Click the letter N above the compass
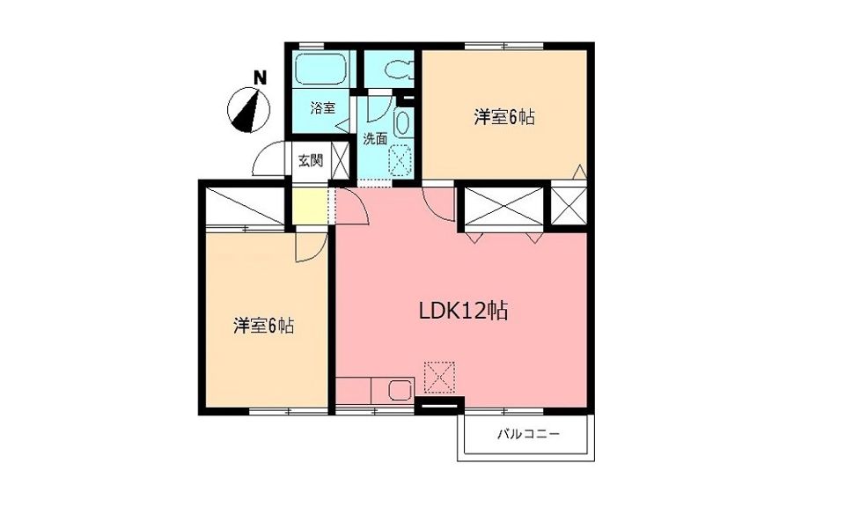point(259,77)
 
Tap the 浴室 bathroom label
point(322,108)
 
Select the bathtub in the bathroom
point(320,68)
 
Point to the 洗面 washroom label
point(375,138)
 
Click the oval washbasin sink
point(402,122)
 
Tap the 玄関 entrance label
point(309,160)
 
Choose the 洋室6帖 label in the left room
point(263,326)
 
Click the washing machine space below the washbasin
point(400,159)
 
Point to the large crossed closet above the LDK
point(504,207)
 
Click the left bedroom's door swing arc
point(308,246)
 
